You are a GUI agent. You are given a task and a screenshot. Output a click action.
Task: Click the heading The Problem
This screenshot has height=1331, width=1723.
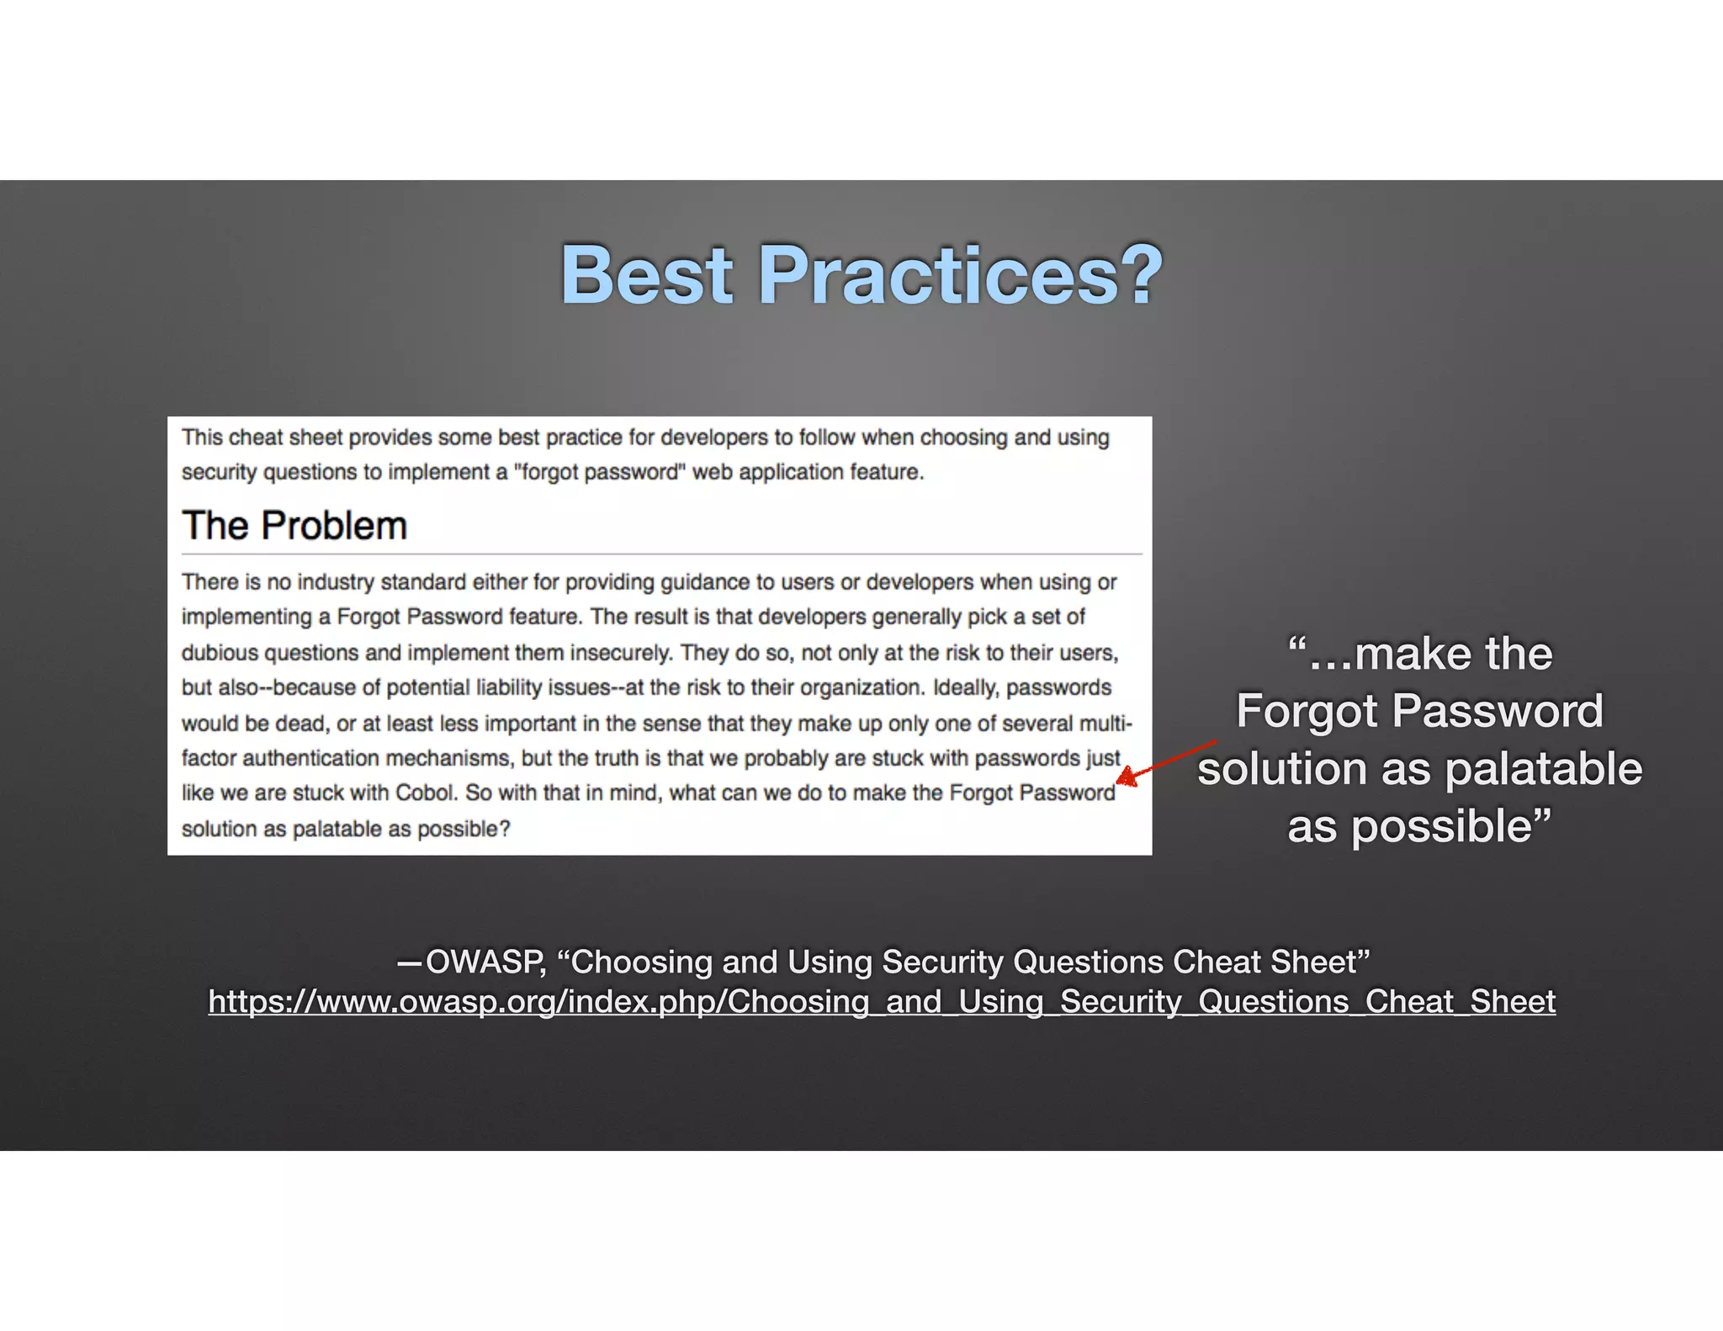point(294,526)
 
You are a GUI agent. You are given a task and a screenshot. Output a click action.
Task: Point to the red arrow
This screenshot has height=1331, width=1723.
point(1166,763)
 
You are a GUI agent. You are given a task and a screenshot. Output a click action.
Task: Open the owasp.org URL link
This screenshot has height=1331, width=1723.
point(882,1001)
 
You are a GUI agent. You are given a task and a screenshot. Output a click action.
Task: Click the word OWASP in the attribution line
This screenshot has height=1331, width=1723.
point(485,962)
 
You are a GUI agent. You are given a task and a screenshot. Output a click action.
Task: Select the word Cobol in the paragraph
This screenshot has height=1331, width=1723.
point(426,793)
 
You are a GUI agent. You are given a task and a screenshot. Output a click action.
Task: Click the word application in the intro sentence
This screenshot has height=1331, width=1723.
point(791,472)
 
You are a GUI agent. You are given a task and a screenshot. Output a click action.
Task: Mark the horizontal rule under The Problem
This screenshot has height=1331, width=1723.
point(661,554)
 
